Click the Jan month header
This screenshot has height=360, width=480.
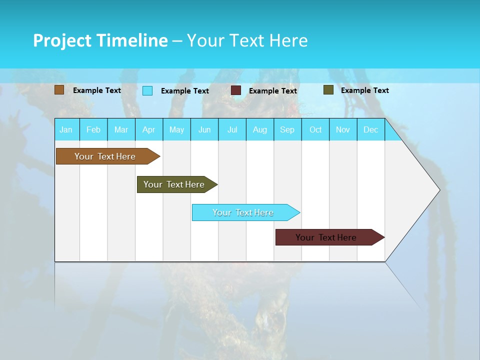click(66, 129)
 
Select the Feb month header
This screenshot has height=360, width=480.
click(93, 129)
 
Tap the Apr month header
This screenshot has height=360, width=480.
click(148, 129)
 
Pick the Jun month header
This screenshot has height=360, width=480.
click(204, 129)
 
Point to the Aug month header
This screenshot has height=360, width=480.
click(259, 129)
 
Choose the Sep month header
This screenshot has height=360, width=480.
click(287, 129)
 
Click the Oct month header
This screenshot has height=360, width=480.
click(315, 129)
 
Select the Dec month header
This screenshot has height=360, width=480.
click(370, 129)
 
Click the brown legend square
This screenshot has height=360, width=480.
click(59, 90)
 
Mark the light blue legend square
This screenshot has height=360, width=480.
click(147, 90)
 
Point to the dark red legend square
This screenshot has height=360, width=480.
click(236, 90)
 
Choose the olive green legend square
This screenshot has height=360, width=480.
click(328, 90)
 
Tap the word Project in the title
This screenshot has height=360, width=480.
click(62, 40)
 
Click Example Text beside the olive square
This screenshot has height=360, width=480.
click(364, 90)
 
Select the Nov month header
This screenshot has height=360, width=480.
click(342, 129)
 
